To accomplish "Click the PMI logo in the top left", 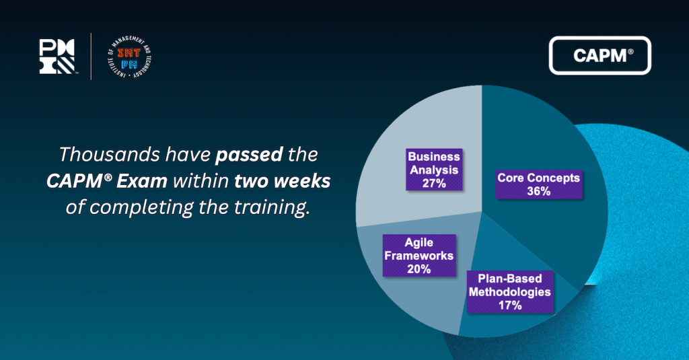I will point(57,56).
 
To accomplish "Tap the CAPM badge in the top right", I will point(600,55).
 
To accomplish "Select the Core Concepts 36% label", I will point(538,184).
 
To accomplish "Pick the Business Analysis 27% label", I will point(434,170).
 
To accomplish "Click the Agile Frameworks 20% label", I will point(419,256).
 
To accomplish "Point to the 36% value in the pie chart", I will point(538,191).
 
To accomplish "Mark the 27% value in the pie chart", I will point(434,182).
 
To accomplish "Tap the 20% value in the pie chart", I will point(419,268).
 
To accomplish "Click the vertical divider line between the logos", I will point(92,57).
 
